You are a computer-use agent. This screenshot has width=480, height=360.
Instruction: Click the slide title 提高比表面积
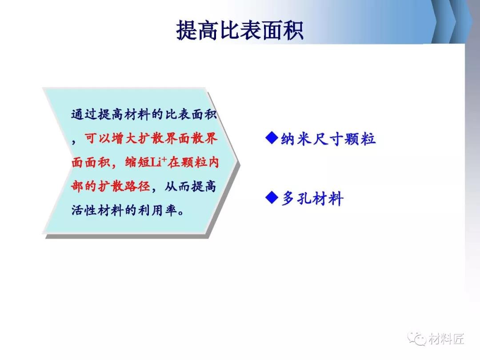[240, 30]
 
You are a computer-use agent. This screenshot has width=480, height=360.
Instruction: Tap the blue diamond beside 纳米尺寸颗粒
[272, 138]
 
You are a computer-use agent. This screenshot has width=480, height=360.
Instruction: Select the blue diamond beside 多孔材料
[272, 197]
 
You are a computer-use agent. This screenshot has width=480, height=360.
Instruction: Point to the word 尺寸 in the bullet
[328, 139]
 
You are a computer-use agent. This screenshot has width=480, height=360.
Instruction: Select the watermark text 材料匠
[446, 339]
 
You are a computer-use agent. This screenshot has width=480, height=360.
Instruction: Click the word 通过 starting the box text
[84, 114]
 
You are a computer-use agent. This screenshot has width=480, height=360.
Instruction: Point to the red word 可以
[98, 138]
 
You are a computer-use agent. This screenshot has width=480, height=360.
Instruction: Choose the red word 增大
[124, 138]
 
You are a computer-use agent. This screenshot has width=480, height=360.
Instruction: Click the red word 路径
[137, 186]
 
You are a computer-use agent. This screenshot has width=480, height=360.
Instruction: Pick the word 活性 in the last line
[84, 210]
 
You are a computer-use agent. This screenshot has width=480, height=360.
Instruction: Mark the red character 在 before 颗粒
[174, 162]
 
